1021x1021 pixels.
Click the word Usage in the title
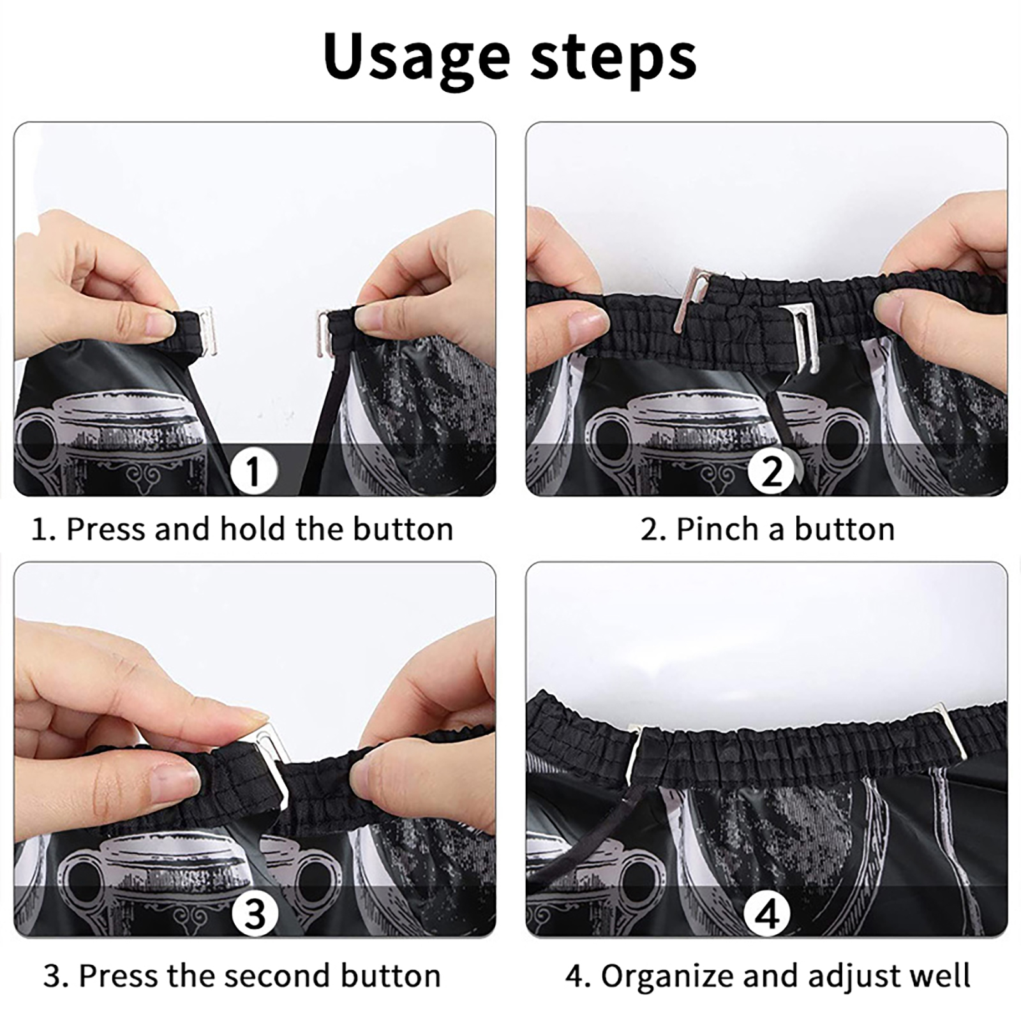point(417,58)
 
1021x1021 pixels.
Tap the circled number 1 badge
point(253,472)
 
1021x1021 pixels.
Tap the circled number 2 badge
point(771,472)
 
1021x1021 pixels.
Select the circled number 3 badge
point(255,913)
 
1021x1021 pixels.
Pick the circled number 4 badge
point(768,913)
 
